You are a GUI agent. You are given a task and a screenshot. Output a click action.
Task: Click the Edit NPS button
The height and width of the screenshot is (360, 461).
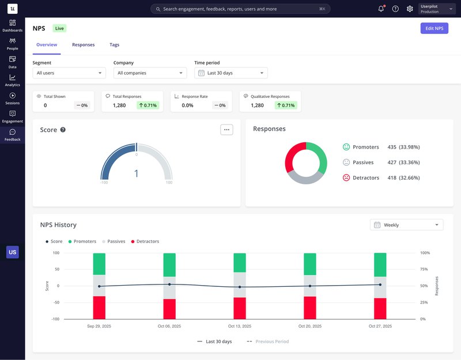pyautogui.click(x=434, y=28)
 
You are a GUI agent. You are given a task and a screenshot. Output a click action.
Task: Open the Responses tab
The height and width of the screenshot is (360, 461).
pyautogui.click(x=83, y=44)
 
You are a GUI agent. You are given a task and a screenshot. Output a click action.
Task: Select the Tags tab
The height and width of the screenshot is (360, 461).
pyautogui.click(x=115, y=44)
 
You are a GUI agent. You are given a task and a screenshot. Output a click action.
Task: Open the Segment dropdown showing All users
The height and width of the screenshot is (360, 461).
pyautogui.click(x=69, y=73)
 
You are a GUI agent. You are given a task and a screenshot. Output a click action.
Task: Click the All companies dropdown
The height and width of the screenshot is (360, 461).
pyautogui.click(x=150, y=73)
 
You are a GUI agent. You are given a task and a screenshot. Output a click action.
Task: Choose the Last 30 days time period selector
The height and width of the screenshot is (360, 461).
pyautogui.click(x=231, y=73)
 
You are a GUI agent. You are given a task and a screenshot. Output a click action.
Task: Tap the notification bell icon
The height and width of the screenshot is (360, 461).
pyautogui.click(x=381, y=9)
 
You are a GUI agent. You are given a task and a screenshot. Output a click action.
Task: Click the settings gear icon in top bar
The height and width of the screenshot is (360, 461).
pyautogui.click(x=410, y=9)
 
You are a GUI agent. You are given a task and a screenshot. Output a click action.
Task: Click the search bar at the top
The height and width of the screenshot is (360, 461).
pyautogui.click(x=240, y=9)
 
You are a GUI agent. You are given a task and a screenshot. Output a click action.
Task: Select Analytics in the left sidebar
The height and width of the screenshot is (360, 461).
pyautogui.click(x=12, y=80)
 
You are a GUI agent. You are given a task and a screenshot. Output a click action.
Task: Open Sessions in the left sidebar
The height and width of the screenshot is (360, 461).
pyautogui.click(x=12, y=98)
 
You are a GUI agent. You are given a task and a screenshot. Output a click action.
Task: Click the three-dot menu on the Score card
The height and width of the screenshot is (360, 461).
pyautogui.click(x=226, y=130)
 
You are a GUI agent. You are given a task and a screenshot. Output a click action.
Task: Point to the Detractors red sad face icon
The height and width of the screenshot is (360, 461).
pyautogui.click(x=346, y=177)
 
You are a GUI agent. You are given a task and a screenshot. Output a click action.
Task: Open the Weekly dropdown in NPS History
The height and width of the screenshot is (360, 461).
pyautogui.click(x=406, y=225)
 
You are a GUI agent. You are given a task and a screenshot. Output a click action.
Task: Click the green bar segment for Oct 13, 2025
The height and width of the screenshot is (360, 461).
pyautogui.click(x=240, y=263)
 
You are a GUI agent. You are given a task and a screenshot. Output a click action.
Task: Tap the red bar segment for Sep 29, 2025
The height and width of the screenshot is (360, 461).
pyautogui.click(x=99, y=308)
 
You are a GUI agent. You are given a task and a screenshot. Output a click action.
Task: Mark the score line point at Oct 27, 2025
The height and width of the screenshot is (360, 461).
pyautogui.click(x=380, y=285)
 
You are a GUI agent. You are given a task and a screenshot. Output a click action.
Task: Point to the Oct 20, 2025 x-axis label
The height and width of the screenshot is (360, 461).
pyautogui.click(x=310, y=326)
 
